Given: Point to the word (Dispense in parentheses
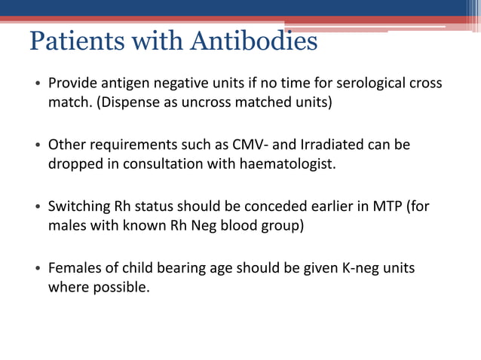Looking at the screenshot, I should [x=124, y=102].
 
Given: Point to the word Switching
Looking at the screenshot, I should [x=79, y=206].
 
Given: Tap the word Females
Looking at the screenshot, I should [x=74, y=267].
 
